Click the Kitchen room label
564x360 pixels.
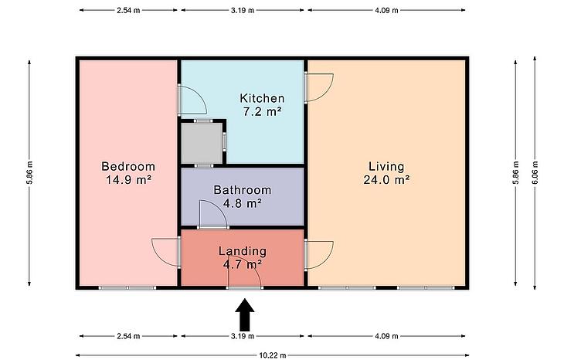262,98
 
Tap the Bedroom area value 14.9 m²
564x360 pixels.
128,179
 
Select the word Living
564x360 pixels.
386,167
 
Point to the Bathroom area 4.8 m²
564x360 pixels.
242,203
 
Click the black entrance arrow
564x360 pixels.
245,314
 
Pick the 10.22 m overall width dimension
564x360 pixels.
273,355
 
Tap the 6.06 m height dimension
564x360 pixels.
535,172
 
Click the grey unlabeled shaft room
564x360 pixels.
202,143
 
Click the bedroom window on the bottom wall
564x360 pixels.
127,287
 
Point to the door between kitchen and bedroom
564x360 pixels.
192,100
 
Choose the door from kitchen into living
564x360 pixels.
318,88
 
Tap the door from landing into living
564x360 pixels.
318,255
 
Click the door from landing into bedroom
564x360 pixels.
166,252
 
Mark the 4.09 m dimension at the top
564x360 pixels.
386,10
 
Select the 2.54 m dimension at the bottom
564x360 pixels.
128,336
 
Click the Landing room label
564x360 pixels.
243,251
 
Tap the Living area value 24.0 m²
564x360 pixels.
386,179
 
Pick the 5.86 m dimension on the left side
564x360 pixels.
29,172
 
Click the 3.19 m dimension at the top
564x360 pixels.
243,10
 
